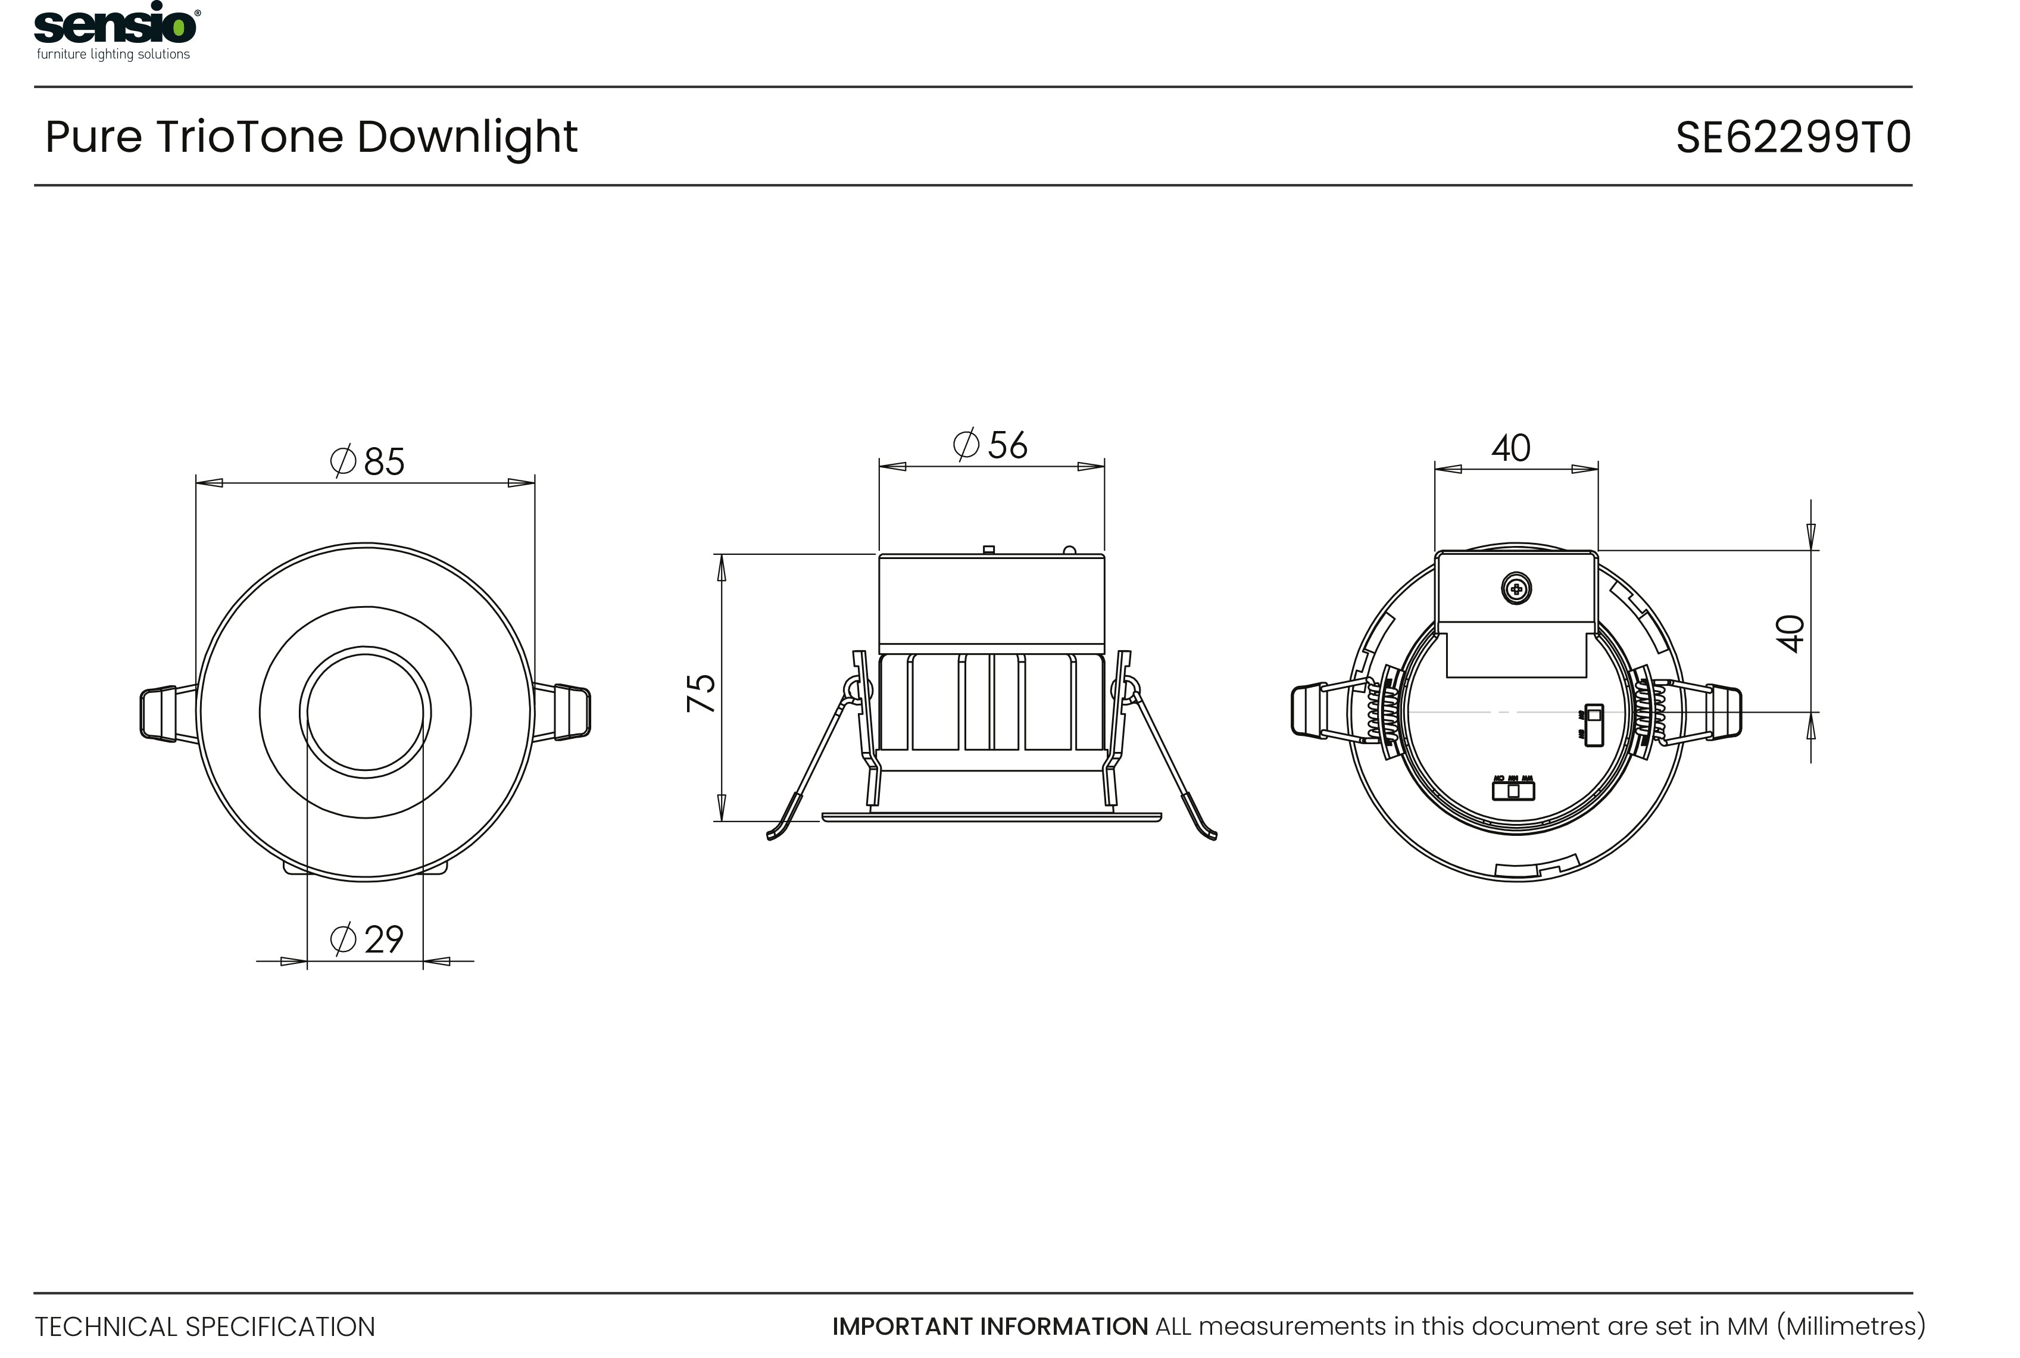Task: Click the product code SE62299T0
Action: click(1793, 138)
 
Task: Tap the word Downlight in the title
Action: click(467, 137)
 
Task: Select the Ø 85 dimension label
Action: click(368, 461)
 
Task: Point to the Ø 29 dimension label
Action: click(367, 939)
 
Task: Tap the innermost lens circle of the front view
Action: click(366, 713)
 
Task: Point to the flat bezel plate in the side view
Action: click(991, 817)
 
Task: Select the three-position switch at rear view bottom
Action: click(1513, 790)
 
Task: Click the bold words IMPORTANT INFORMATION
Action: click(989, 1326)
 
